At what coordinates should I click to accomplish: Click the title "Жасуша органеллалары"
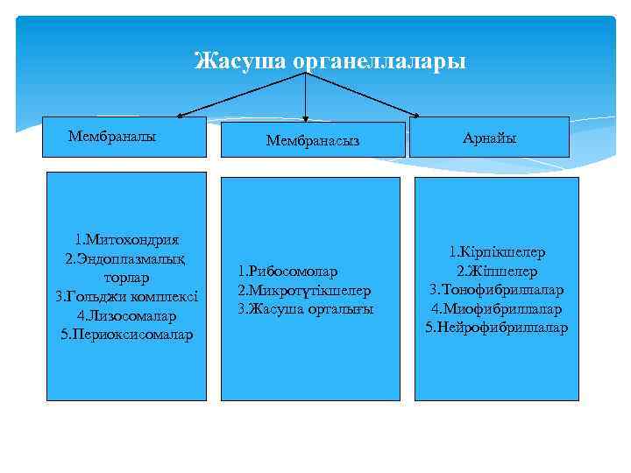tap(330, 61)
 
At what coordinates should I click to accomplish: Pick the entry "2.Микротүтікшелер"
tap(304, 290)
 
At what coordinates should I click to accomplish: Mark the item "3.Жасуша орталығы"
tap(305, 309)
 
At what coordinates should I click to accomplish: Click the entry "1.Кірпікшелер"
tap(497, 251)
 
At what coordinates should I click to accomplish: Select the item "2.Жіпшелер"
tap(497, 271)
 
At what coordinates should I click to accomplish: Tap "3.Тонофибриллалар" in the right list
tap(497, 289)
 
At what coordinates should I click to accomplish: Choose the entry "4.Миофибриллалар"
tap(497, 308)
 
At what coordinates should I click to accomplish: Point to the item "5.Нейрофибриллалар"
tap(497, 328)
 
